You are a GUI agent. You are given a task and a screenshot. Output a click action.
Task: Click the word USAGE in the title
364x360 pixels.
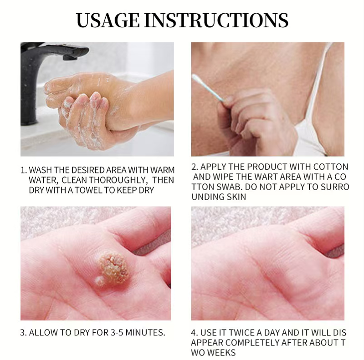[x=108, y=20]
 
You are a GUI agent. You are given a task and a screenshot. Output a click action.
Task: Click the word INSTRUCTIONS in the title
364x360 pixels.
[x=216, y=20]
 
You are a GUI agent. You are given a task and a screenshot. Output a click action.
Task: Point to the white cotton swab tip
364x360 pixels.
[x=196, y=79]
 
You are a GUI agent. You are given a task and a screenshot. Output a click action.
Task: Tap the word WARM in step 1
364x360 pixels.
[x=162, y=170]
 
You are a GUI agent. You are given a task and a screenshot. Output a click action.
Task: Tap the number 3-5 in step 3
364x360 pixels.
[x=117, y=333]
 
